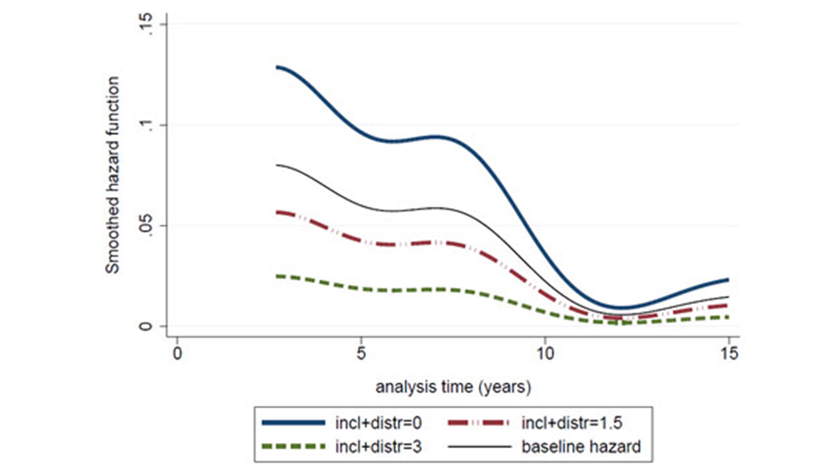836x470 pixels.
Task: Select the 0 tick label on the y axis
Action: point(146,326)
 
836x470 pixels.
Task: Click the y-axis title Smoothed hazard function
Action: point(113,175)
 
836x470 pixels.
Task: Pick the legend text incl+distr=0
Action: point(378,423)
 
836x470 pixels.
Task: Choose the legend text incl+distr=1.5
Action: point(572,423)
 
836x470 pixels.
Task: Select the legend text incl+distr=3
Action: point(378,447)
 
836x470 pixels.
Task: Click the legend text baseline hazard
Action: point(581,447)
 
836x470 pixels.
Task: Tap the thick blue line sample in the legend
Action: point(293,423)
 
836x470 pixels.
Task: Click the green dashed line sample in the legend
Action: point(293,447)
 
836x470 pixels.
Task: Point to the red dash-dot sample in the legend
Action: point(479,423)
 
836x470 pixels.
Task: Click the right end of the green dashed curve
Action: point(728,317)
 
